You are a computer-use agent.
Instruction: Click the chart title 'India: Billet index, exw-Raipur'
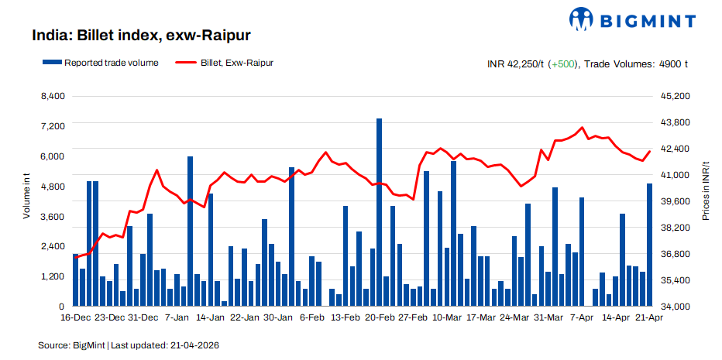(141, 36)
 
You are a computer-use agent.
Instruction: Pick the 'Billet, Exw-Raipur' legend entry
(236, 63)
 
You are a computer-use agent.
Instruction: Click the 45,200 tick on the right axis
(673, 96)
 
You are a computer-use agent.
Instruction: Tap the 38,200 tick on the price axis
(673, 228)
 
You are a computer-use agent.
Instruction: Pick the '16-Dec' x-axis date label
(75, 317)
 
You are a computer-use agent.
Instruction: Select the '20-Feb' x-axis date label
(380, 317)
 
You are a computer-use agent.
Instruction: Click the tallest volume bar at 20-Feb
(380, 213)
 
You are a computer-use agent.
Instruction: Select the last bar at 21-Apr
(649, 245)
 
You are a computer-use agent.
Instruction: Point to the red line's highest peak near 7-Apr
(582, 128)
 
